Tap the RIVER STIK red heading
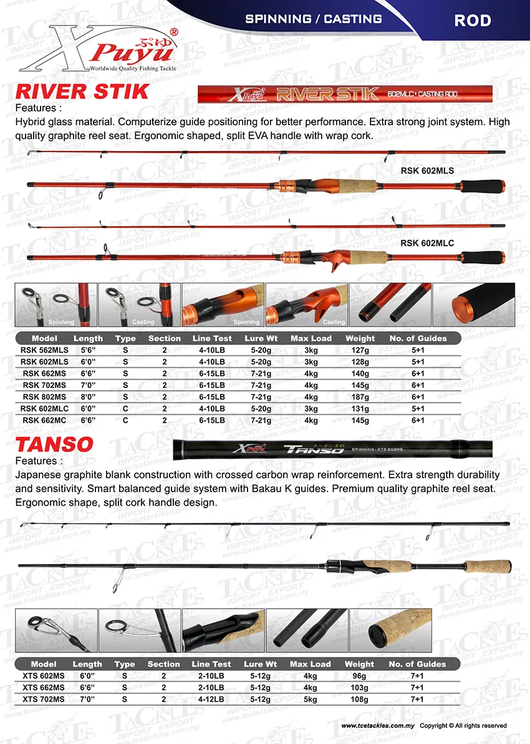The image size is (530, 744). (82, 92)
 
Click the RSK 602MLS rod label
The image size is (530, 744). (427, 170)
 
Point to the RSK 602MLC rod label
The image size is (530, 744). (427, 243)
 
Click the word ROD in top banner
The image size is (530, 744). (473, 20)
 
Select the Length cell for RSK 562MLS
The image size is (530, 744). (88, 350)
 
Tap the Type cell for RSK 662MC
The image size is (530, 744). (125, 420)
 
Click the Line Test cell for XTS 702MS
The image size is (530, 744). (211, 700)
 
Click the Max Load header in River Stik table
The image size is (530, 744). (311, 338)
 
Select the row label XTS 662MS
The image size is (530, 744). (44, 688)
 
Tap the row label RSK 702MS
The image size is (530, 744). (44, 385)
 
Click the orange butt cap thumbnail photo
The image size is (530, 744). (474, 305)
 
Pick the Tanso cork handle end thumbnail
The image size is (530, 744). (390, 630)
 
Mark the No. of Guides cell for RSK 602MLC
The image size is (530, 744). (418, 408)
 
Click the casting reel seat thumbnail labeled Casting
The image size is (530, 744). (306, 305)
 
